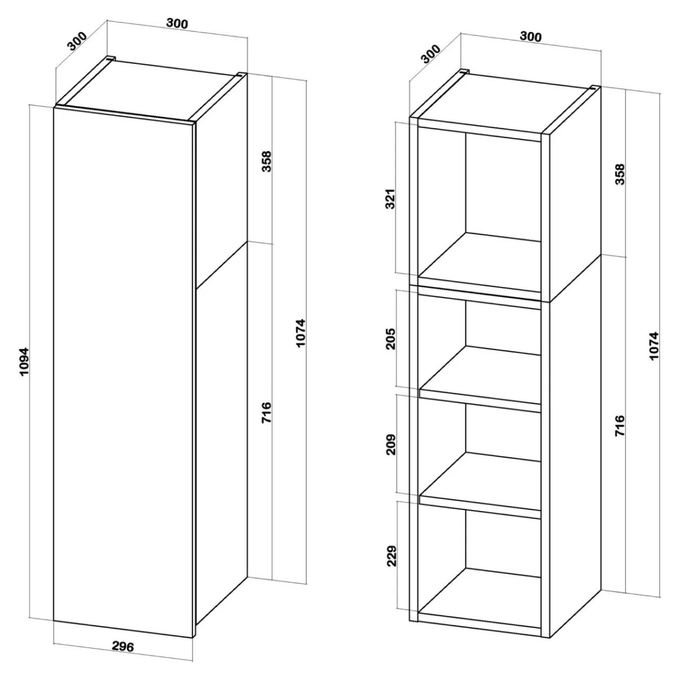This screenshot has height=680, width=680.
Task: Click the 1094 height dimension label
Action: click(24, 362)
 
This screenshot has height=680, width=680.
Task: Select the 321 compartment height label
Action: click(390, 199)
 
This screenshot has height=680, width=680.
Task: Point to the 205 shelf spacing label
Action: click(390, 339)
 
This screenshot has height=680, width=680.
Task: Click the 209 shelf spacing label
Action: click(390, 445)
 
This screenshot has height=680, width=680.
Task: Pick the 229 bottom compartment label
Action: click(392, 556)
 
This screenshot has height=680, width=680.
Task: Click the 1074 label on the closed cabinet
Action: click(300, 333)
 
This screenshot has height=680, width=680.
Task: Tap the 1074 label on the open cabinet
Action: click(654, 346)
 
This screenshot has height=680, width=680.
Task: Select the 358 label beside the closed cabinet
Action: click(267, 161)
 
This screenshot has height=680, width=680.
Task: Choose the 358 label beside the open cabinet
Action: click(620, 174)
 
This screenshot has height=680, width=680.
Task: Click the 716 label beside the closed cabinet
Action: click(267, 412)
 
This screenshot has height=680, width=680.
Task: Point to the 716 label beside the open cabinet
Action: click(620, 426)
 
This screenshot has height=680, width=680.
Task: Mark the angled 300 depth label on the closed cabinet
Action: click(77, 41)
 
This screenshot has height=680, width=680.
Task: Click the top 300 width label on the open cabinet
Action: click(531, 36)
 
